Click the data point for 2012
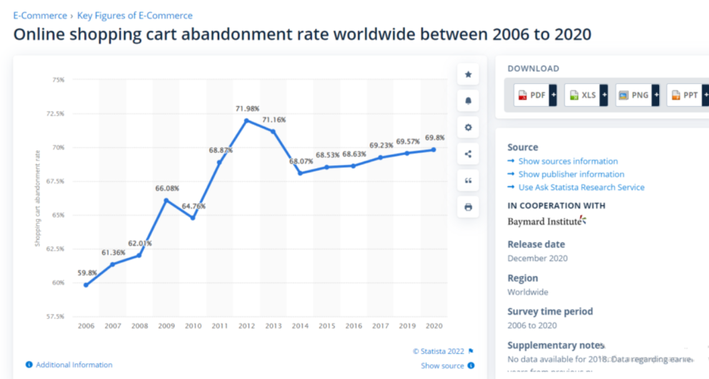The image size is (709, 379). point(246,120)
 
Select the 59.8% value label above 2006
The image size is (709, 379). point(86,272)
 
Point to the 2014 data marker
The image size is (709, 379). point(300,173)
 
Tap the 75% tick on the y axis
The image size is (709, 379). point(58,80)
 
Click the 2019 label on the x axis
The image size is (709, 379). point(406,325)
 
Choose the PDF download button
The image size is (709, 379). point(531,95)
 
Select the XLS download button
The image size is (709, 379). point(582,95)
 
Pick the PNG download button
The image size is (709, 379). point(633,95)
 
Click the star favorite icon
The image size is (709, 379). point(468,75)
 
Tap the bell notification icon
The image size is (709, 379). point(468,101)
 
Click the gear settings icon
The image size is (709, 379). point(468,128)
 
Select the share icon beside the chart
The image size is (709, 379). point(468,154)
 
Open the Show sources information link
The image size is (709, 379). point(567,161)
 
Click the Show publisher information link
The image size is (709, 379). point(570,174)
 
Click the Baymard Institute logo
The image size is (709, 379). point(547,221)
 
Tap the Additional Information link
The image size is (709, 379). point(74,365)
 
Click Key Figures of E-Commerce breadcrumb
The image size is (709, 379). point(135,16)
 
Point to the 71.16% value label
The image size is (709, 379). point(274,119)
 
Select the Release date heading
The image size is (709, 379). point(536,244)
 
